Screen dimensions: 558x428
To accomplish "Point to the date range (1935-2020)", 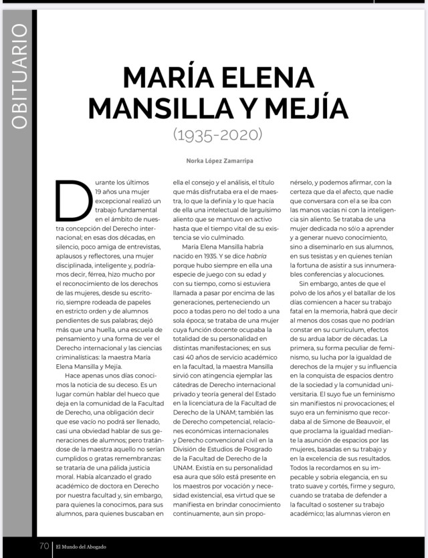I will click(x=217, y=134).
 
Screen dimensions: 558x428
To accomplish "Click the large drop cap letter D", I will click(x=72, y=200).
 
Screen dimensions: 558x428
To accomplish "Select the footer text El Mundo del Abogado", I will click(x=80, y=547).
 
